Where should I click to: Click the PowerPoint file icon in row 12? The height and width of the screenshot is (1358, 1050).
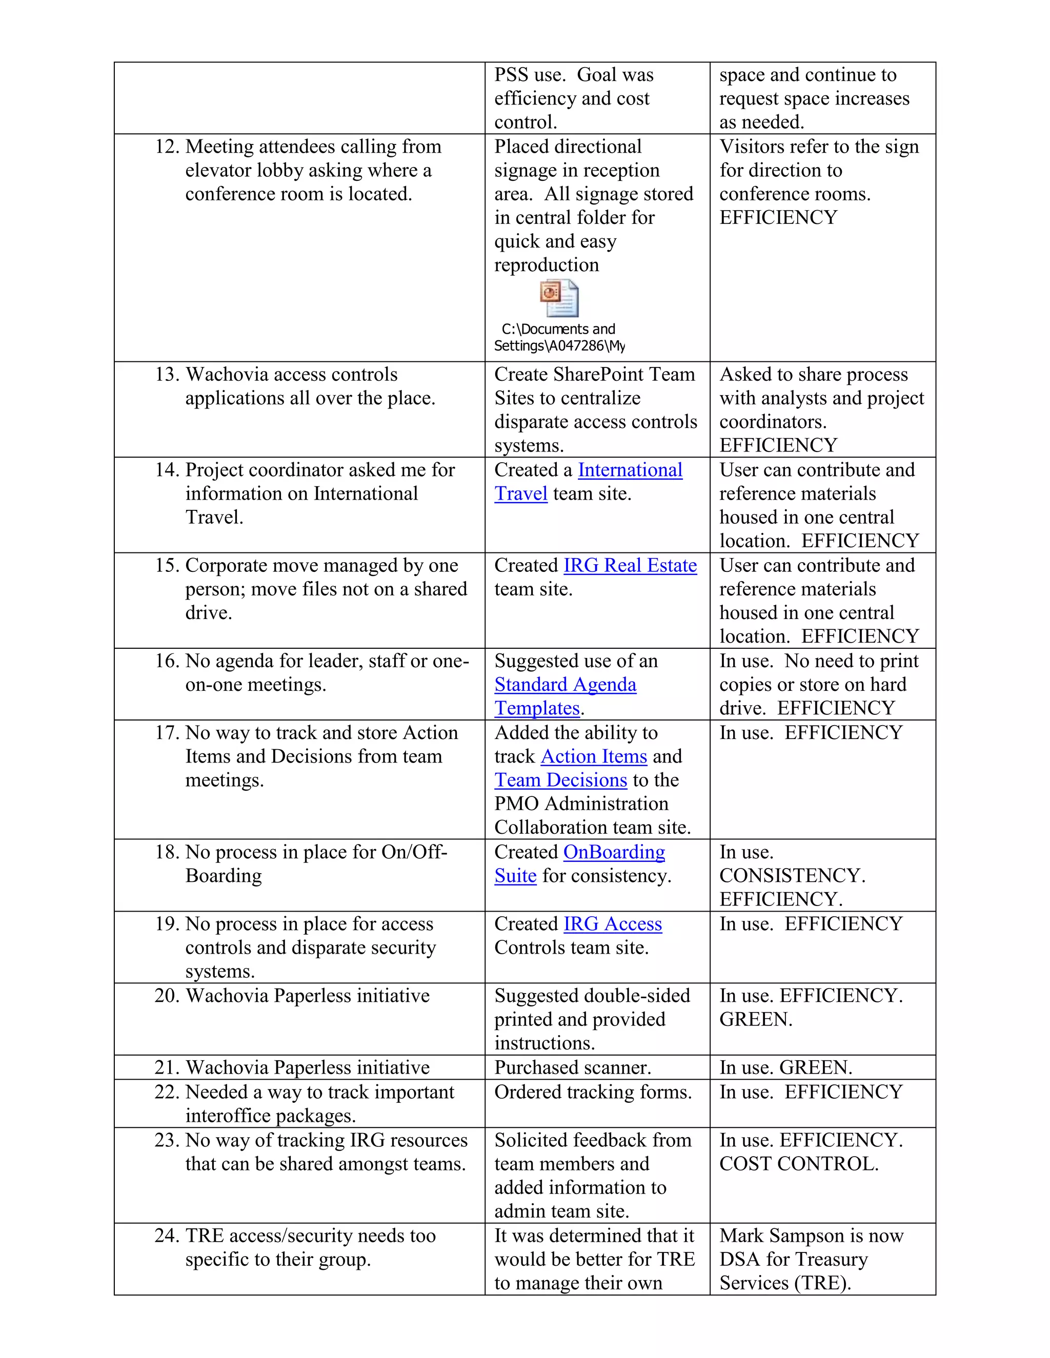[559, 298]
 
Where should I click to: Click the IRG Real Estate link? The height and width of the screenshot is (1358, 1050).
[630, 566]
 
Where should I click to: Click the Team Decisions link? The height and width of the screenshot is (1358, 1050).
[560, 780]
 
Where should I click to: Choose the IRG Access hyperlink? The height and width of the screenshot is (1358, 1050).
[612, 924]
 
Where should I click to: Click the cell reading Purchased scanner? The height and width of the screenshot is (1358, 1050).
[572, 1067]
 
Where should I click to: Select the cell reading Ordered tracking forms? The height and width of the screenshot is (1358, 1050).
[592, 1092]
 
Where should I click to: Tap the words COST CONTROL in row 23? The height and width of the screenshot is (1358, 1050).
[798, 1164]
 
